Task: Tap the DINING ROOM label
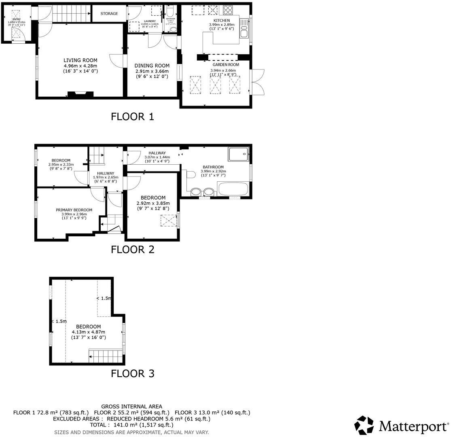(x=152, y=66)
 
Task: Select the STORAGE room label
(x=109, y=14)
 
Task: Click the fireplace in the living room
(x=80, y=95)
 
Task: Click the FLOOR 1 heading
(x=133, y=117)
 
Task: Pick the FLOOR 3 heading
(x=133, y=373)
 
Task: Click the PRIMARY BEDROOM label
(x=74, y=210)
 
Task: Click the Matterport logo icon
(x=364, y=425)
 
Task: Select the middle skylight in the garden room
(x=216, y=85)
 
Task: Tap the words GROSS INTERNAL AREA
(x=131, y=406)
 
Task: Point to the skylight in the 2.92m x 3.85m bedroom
(x=169, y=221)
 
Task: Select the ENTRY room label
(x=16, y=19)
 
